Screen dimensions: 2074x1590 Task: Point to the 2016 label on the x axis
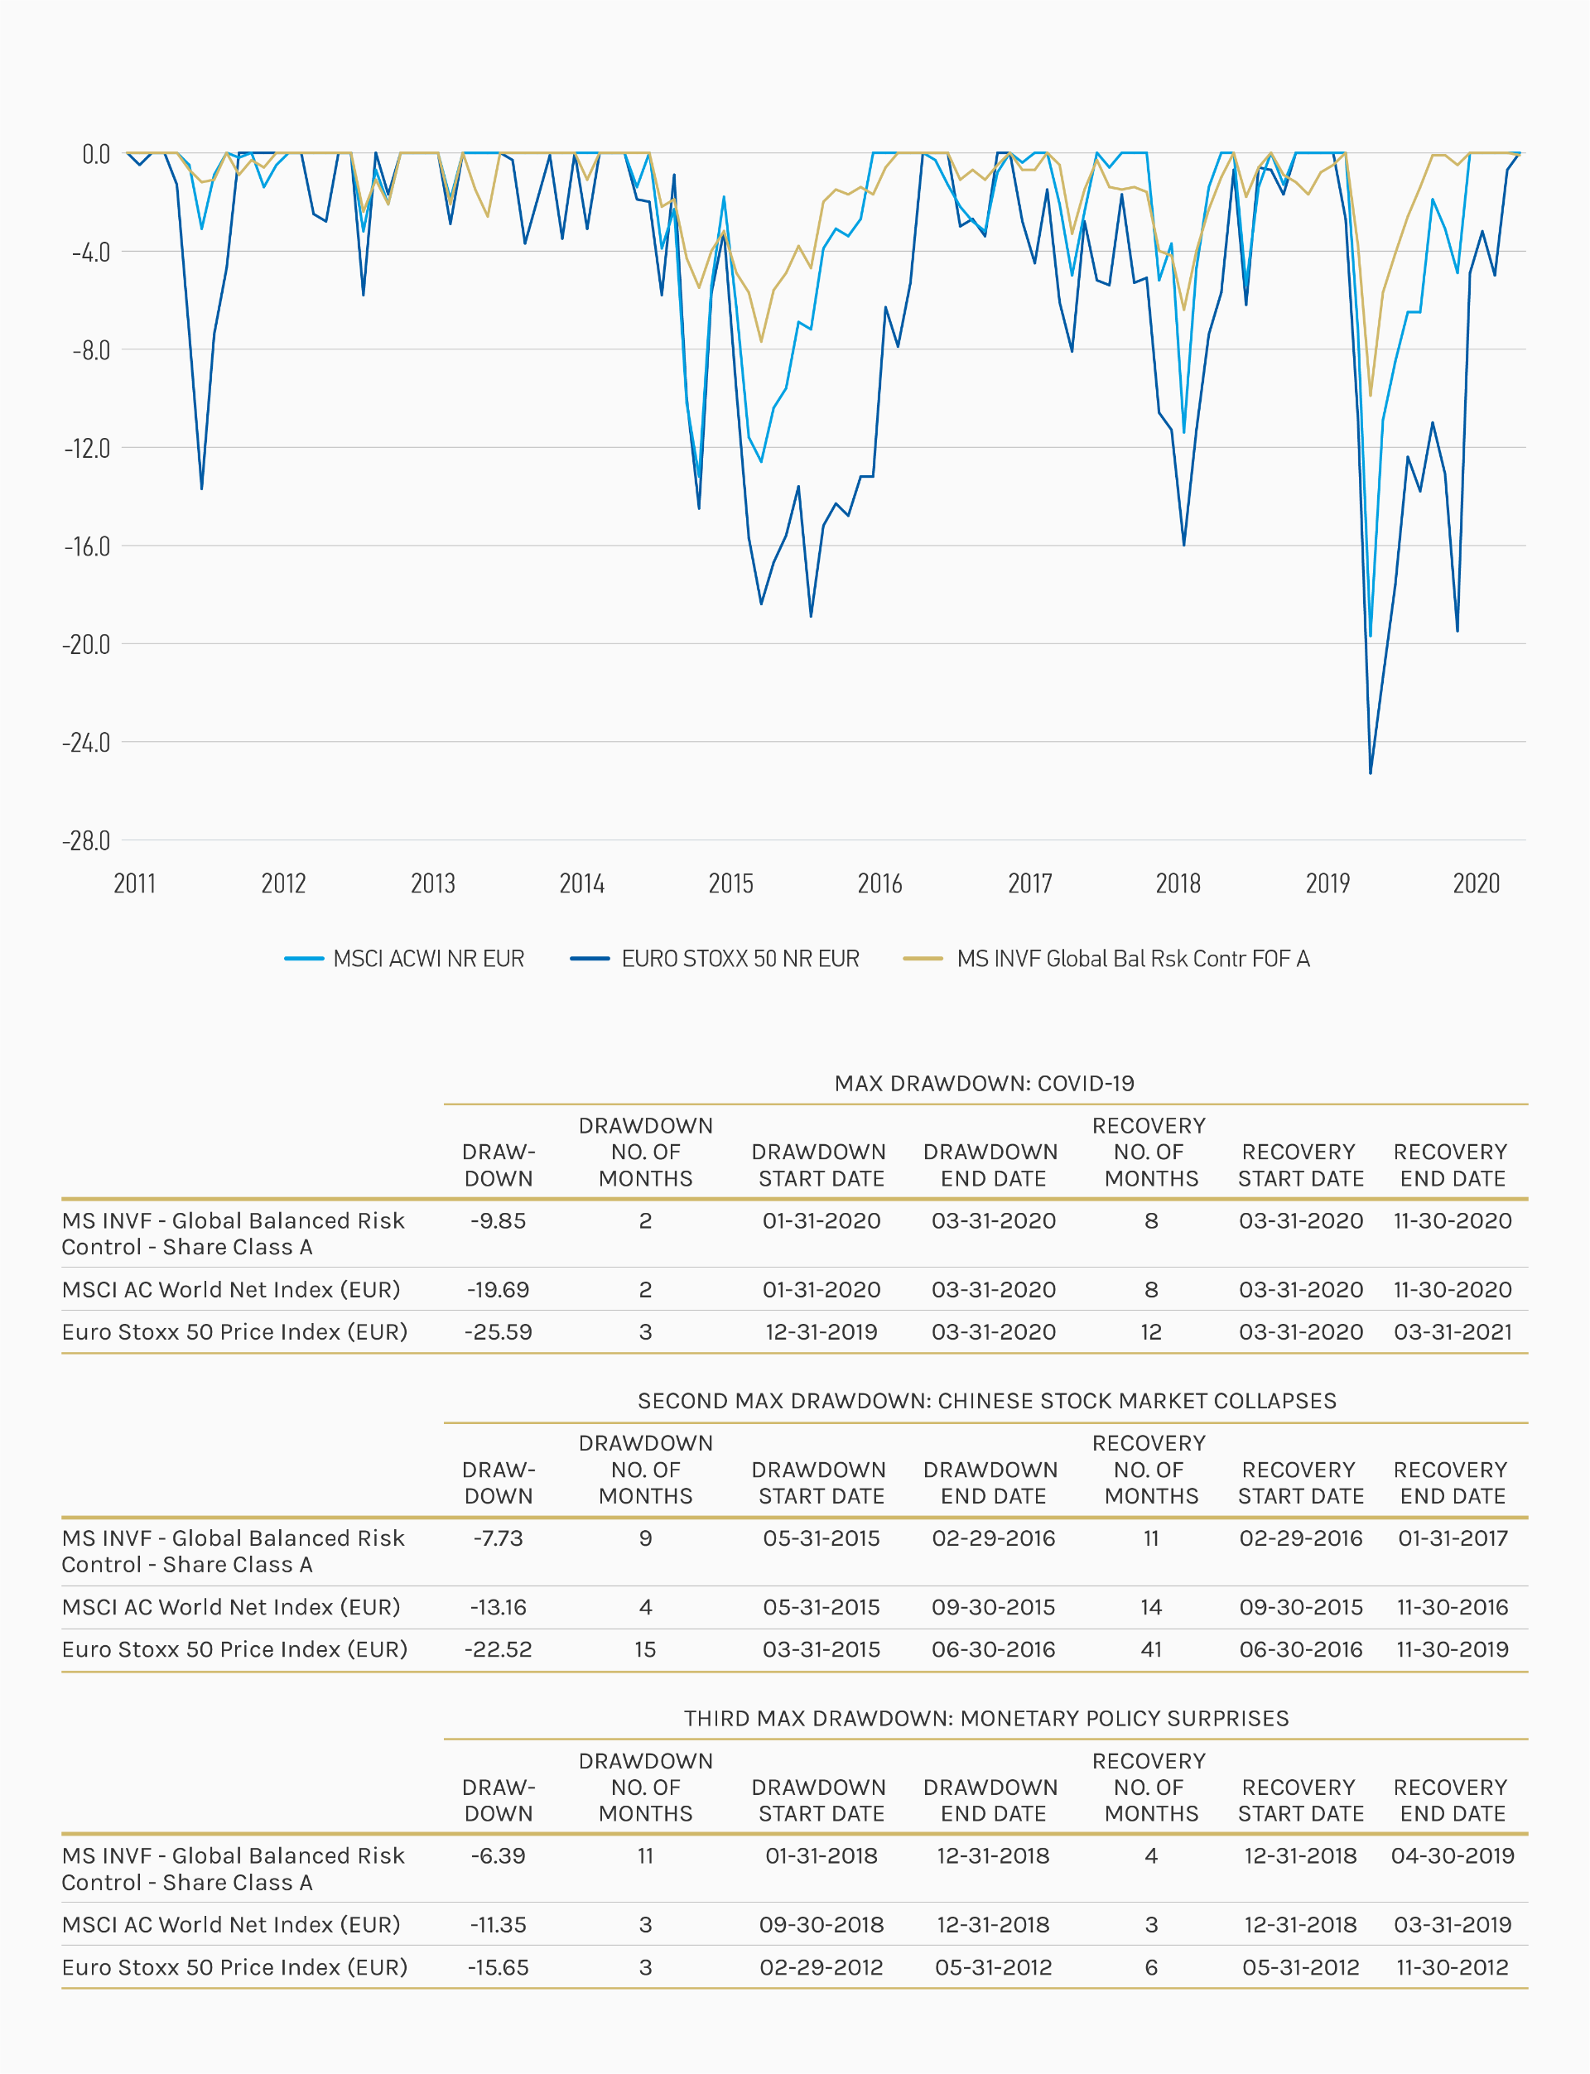(x=879, y=883)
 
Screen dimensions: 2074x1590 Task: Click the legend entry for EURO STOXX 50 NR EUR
(x=740, y=959)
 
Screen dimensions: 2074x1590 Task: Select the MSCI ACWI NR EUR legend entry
(x=428, y=959)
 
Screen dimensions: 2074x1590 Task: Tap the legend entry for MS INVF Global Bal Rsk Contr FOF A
(x=1132, y=959)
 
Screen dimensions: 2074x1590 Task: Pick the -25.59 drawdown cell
(x=498, y=1332)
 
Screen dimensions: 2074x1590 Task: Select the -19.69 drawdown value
(x=498, y=1290)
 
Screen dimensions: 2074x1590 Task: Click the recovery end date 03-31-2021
(x=1452, y=1332)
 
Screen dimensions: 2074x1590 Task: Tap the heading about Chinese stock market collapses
(x=986, y=1400)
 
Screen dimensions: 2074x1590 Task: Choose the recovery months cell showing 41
(x=1151, y=1649)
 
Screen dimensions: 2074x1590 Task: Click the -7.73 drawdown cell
(x=498, y=1538)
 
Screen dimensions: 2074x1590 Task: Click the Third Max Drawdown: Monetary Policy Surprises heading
(x=986, y=1718)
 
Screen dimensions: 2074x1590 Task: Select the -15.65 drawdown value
(x=498, y=1967)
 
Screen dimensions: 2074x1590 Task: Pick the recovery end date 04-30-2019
(x=1452, y=1855)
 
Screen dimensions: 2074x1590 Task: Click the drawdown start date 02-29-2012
(x=821, y=1967)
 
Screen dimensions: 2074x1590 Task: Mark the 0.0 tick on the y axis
(x=95, y=154)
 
